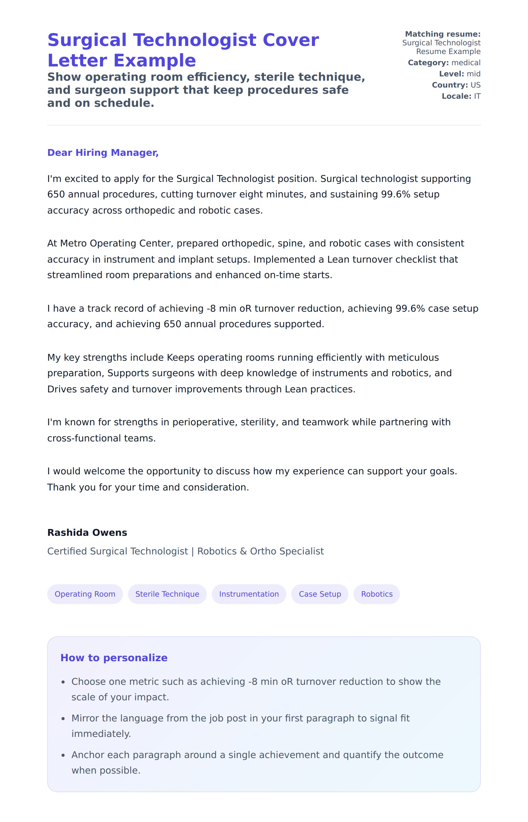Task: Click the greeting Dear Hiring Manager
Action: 103,152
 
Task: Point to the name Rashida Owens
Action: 87,532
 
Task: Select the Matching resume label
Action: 443,34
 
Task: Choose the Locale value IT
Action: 477,96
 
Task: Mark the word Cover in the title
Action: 290,40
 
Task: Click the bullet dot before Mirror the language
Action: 63,719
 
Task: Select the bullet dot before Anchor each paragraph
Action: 63,756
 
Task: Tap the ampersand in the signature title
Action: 244,551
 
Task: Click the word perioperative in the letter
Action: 205,422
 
